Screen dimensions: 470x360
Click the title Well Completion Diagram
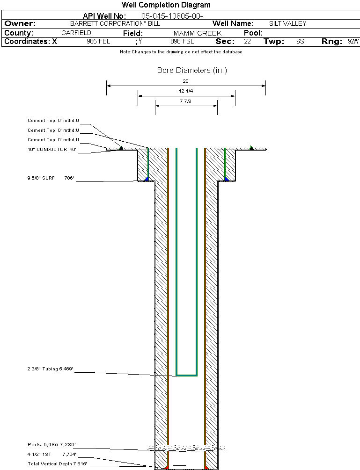[x=166, y=5]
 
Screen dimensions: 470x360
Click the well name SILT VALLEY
[x=287, y=23]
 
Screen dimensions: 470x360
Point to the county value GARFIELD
[x=76, y=33]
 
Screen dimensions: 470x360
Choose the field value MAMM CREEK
[x=197, y=33]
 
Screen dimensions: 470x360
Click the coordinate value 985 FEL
[x=98, y=42]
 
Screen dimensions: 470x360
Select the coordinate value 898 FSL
[x=182, y=42]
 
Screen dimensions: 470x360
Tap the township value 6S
[x=300, y=42]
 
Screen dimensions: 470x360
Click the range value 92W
[x=353, y=42]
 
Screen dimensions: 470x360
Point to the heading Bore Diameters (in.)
[x=192, y=71]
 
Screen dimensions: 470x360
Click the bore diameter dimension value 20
[x=185, y=81]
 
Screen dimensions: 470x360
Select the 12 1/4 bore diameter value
[x=186, y=91]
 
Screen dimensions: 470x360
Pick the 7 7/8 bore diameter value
[x=186, y=101]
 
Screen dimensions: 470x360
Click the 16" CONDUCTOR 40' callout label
[x=51, y=150]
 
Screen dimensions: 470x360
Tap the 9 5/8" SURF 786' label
[x=51, y=178]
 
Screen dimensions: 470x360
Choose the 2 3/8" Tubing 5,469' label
[x=50, y=369]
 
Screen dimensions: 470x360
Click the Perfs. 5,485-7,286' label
[x=51, y=444]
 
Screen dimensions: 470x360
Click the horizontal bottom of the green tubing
[x=186, y=375]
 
